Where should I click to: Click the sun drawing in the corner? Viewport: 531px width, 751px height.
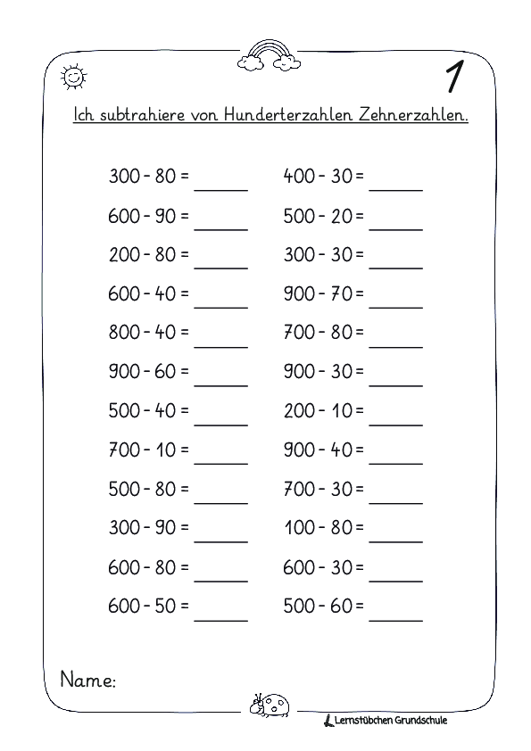(72, 78)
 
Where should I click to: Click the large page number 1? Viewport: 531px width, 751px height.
(454, 76)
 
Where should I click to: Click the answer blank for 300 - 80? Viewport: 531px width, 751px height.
(220, 186)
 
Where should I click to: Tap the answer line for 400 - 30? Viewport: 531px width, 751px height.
(395, 186)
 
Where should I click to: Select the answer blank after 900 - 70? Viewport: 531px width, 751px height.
(395, 304)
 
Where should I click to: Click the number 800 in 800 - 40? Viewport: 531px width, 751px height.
(124, 333)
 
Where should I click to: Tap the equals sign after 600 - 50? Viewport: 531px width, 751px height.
(184, 607)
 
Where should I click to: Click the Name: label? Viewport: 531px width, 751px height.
(87, 681)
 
